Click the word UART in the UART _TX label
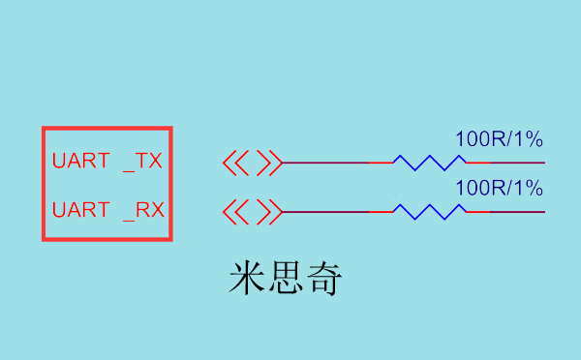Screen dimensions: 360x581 click(81, 162)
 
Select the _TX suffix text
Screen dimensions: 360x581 click(142, 162)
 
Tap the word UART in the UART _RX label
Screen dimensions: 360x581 click(81, 210)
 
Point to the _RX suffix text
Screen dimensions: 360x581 click(143, 210)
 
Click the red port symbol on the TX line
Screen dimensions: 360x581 click(252, 163)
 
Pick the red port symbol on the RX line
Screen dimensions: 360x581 click(252, 211)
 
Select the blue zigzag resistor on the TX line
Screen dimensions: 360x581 click(430, 163)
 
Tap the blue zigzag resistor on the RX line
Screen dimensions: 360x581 click(430, 211)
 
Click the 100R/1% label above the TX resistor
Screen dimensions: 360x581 click(499, 139)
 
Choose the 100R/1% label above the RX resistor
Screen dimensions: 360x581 click(499, 188)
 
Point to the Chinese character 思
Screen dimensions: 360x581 click(286, 278)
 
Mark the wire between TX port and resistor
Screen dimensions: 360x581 click(334, 163)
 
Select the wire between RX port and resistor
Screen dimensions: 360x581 click(334, 211)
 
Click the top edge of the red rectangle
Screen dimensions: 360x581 click(107, 129)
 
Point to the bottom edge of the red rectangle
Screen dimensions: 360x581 click(107, 238)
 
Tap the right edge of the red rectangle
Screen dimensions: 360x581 click(170, 184)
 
